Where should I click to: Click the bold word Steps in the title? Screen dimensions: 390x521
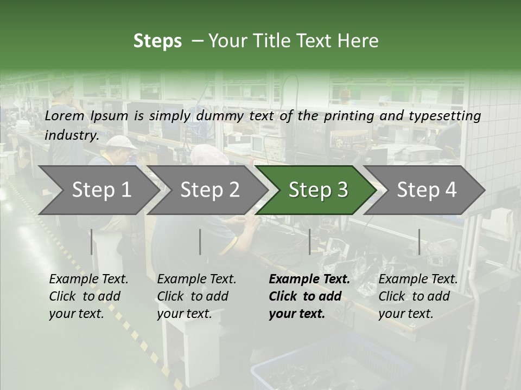pyautogui.click(x=157, y=41)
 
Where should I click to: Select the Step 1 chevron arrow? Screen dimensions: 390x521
pyautogui.click(x=101, y=190)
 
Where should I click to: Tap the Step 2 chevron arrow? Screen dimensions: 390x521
pyautogui.click(x=209, y=190)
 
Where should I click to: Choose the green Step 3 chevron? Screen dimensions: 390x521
pyautogui.click(x=317, y=190)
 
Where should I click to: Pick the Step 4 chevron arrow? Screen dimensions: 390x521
pyautogui.click(x=426, y=190)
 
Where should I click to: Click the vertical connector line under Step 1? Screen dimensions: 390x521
pyautogui.click(x=92, y=242)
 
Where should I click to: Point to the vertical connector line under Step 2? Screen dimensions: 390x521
pyautogui.click(x=200, y=242)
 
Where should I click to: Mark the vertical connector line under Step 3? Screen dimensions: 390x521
pyautogui.click(x=310, y=242)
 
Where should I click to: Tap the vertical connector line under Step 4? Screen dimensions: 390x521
pyautogui.click(x=420, y=242)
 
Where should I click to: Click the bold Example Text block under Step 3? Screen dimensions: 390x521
pyautogui.click(x=309, y=296)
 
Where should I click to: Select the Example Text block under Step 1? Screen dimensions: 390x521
pyautogui.click(x=88, y=296)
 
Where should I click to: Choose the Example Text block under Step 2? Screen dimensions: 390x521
pyautogui.click(x=196, y=296)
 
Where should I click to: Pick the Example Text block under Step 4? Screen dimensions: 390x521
pyautogui.click(x=418, y=296)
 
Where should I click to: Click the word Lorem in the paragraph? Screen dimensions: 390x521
pyautogui.click(x=64, y=116)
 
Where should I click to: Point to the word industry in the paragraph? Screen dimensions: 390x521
pyautogui.click(x=71, y=135)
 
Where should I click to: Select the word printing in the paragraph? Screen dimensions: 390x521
pyautogui.click(x=348, y=116)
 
